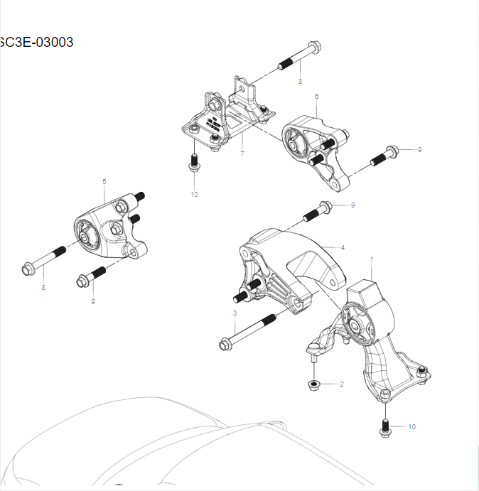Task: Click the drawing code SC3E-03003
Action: pos(36,42)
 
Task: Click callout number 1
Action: pos(371,261)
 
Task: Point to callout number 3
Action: pos(235,313)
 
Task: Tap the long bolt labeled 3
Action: pos(249,331)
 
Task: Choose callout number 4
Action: pos(343,248)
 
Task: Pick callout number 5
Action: pos(104,182)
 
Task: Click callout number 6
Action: pos(316,97)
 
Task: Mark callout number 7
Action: pos(242,153)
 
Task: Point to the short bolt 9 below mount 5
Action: pos(92,276)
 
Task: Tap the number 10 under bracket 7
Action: pos(194,194)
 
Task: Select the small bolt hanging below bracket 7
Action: pos(193,163)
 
